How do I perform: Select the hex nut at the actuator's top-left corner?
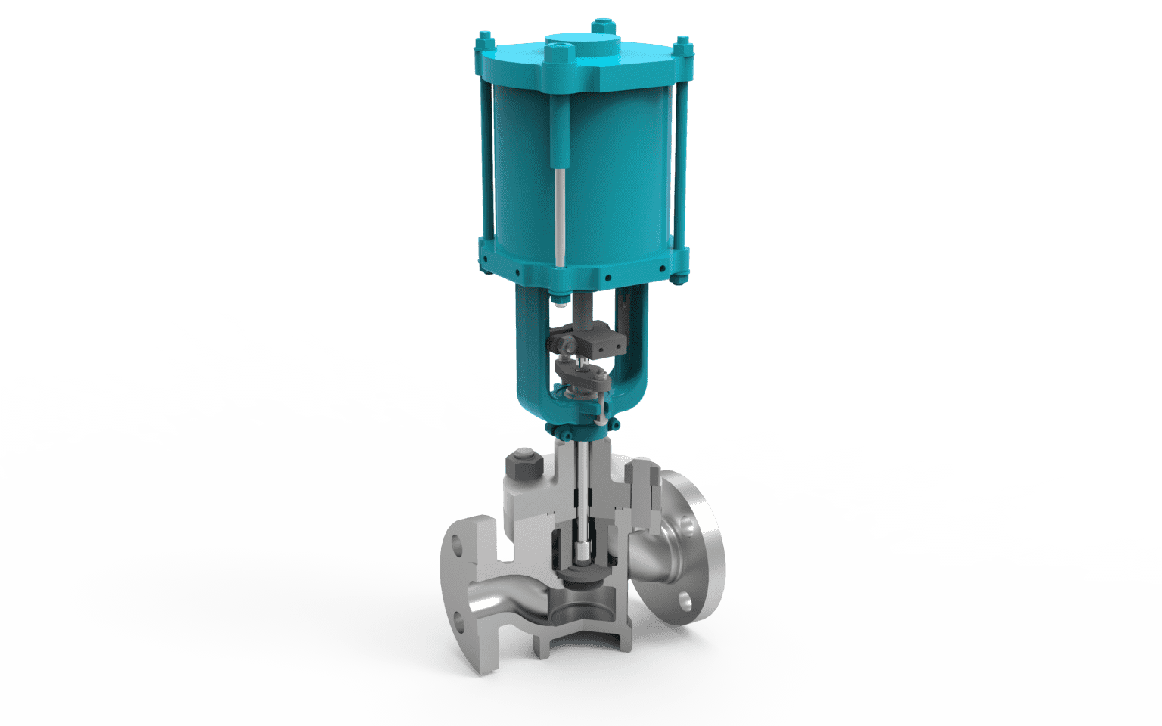(x=484, y=37)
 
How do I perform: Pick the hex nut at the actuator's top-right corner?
(x=682, y=43)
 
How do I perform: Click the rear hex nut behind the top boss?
(x=601, y=25)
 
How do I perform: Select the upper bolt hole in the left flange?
(x=458, y=544)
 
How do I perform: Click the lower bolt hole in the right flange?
(x=685, y=601)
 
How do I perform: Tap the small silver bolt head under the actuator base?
(x=560, y=298)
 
